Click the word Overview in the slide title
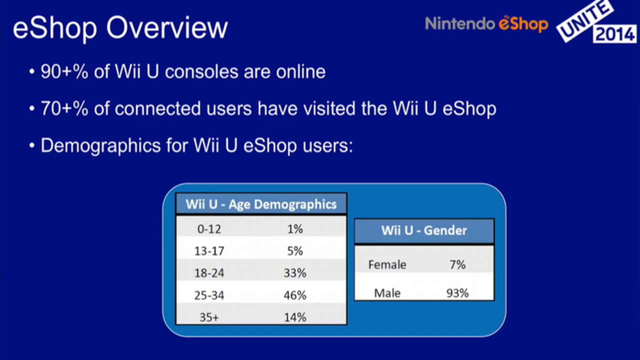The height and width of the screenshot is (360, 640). [x=167, y=28]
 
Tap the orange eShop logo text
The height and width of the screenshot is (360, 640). [x=523, y=24]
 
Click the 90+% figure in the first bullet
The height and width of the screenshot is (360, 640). [x=64, y=71]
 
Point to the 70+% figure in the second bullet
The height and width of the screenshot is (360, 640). [x=64, y=108]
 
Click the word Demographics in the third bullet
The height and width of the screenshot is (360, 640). [x=100, y=146]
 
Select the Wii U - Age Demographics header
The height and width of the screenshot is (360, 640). [x=261, y=204]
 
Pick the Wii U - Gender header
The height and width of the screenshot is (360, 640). [x=424, y=230]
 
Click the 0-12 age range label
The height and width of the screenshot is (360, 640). [x=209, y=229]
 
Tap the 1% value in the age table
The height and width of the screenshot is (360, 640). [x=295, y=229]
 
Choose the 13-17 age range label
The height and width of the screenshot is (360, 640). [x=209, y=251]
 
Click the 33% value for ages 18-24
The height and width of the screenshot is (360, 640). [x=295, y=273]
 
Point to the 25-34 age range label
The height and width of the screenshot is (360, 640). [x=209, y=295]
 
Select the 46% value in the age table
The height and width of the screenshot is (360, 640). [x=295, y=295]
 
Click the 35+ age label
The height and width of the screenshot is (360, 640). [x=209, y=317]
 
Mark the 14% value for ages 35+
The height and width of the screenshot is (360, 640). [x=295, y=317]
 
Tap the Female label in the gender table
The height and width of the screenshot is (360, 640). [x=387, y=265]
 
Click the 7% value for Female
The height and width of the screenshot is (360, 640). [x=458, y=265]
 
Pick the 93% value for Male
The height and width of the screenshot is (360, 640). [x=457, y=293]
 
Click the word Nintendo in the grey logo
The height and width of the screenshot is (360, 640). [x=460, y=24]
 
